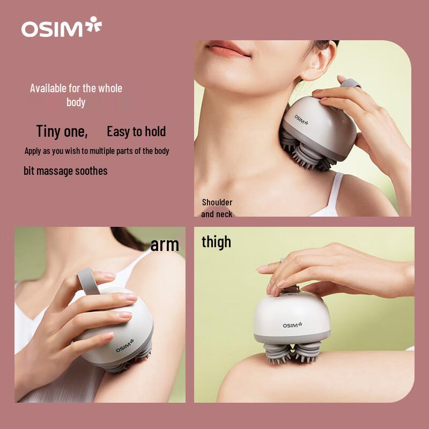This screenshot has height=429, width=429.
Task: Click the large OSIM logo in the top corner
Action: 61,28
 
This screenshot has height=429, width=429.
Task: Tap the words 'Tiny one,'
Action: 62,131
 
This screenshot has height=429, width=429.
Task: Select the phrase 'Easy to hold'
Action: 136,131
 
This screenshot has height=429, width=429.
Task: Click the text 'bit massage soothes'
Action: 65,171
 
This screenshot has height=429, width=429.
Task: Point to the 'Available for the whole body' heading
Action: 76,95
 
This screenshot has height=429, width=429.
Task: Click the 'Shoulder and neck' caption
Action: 217,208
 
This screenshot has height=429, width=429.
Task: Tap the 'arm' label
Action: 164,245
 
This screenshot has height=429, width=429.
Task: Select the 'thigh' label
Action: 216,242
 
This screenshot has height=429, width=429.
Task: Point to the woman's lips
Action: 229,50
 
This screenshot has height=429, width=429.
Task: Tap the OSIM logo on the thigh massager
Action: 293,324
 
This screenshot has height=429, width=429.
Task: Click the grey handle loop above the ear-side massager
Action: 350,84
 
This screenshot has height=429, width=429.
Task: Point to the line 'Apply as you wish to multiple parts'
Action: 97,151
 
